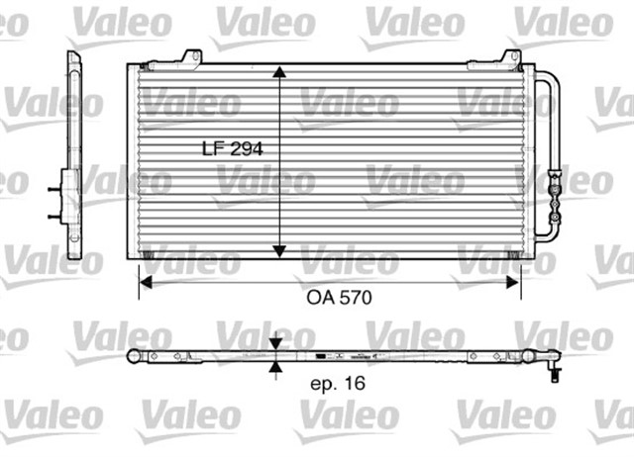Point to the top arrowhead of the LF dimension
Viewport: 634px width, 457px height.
tap(281, 74)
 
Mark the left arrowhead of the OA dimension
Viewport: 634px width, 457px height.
tap(143, 282)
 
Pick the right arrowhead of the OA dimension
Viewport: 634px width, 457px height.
tap(514, 282)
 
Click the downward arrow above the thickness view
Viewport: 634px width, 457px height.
tap(274, 344)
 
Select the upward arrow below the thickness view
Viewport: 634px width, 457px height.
tap(274, 370)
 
